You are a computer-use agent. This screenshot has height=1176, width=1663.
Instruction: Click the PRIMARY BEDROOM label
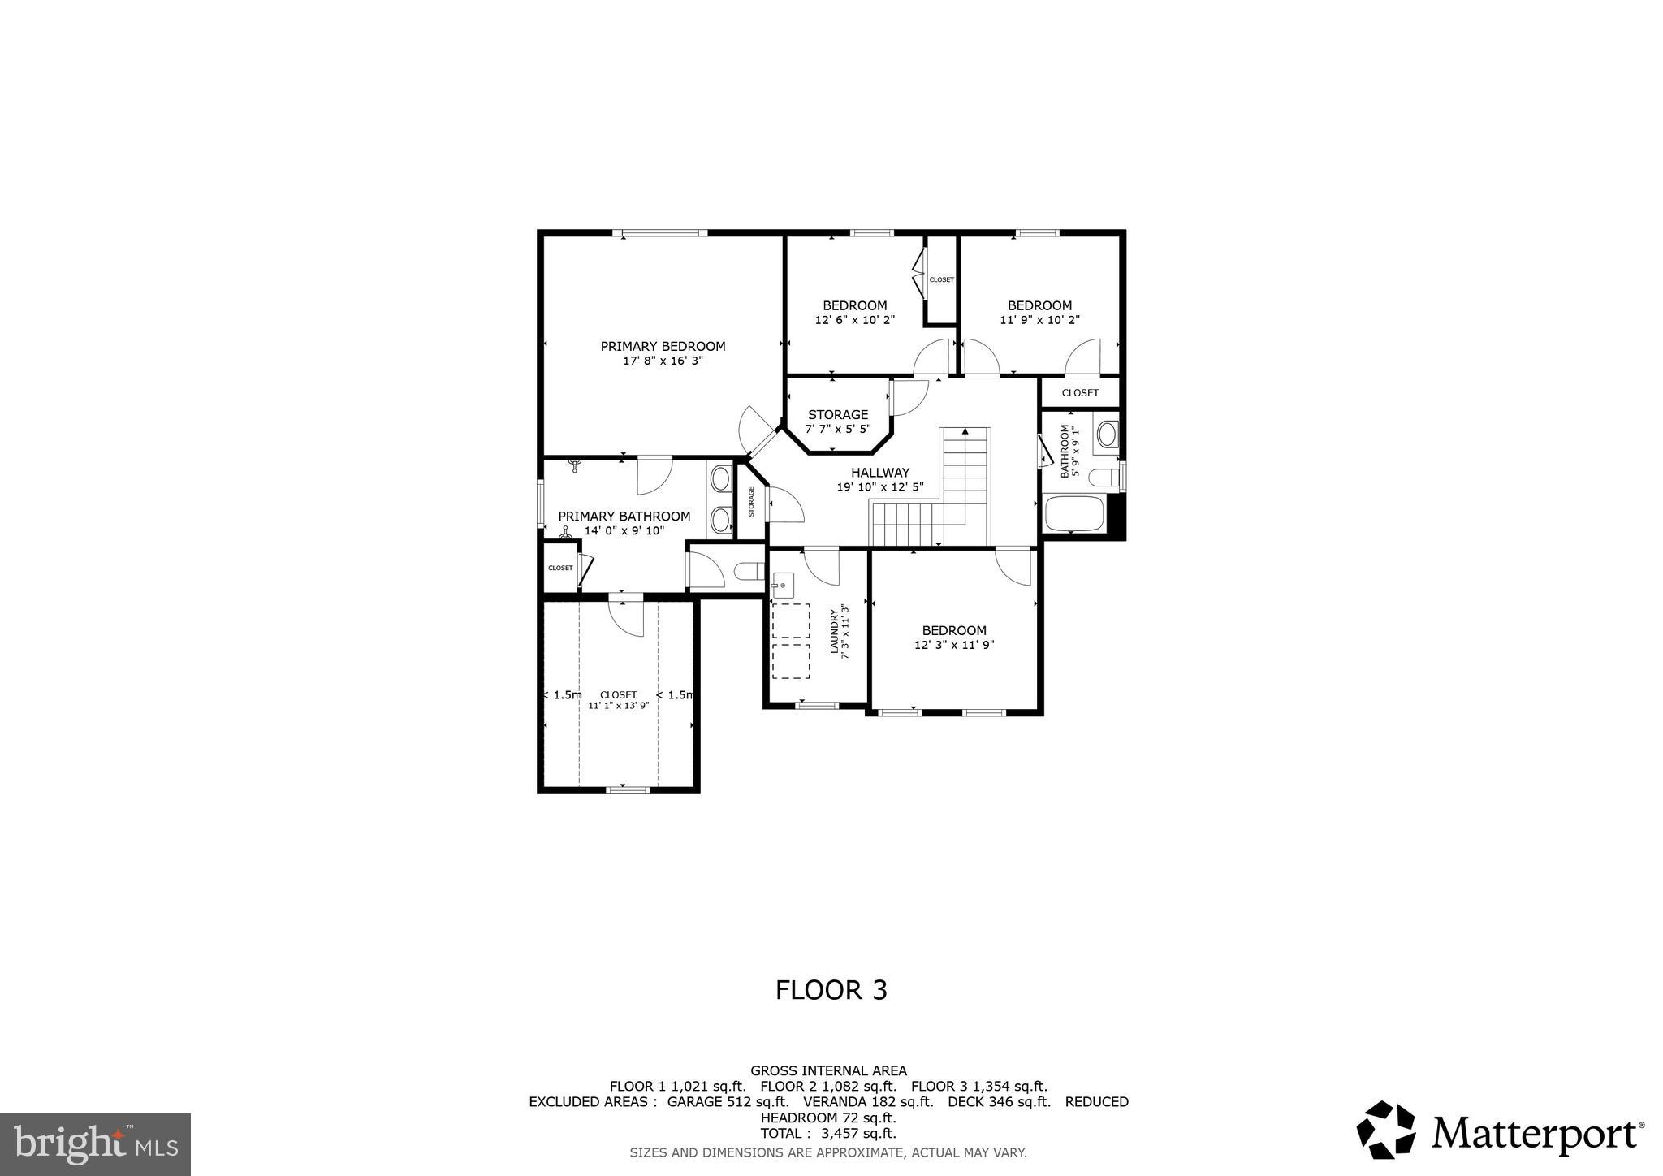[x=663, y=346]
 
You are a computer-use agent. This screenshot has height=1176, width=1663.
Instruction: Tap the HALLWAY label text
[x=880, y=473]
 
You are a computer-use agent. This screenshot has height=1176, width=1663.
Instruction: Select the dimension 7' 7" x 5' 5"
[x=838, y=429]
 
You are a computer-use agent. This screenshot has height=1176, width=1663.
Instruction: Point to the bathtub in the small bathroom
[x=1073, y=513]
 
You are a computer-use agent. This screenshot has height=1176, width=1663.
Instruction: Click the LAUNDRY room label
[x=833, y=632]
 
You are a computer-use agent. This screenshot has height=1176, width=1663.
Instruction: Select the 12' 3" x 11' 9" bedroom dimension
[x=954, y=646]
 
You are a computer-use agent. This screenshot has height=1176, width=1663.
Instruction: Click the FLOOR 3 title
[x=831, y=990]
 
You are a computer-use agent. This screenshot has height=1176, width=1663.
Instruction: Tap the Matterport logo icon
[x=1386, y=1130]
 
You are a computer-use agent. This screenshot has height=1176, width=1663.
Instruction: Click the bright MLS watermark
[x=95, y=1144]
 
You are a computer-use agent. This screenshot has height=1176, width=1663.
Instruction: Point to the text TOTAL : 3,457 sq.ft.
[x=827, y=1134]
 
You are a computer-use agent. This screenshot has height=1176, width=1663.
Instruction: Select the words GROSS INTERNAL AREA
[x=828, y=1071]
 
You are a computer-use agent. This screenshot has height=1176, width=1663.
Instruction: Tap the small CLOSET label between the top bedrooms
[x=942, y=279]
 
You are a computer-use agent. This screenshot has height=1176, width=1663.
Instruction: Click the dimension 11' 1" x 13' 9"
[x=618, y=706]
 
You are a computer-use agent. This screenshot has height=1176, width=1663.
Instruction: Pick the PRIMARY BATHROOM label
[x=624, y=517]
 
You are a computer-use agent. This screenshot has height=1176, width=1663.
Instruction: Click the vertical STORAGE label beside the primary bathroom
[x=752, y=502]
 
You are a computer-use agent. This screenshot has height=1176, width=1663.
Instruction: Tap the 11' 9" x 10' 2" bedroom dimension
[x=1039, y=320]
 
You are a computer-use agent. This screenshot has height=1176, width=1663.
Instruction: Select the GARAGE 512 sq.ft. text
[x=728, y=1102]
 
